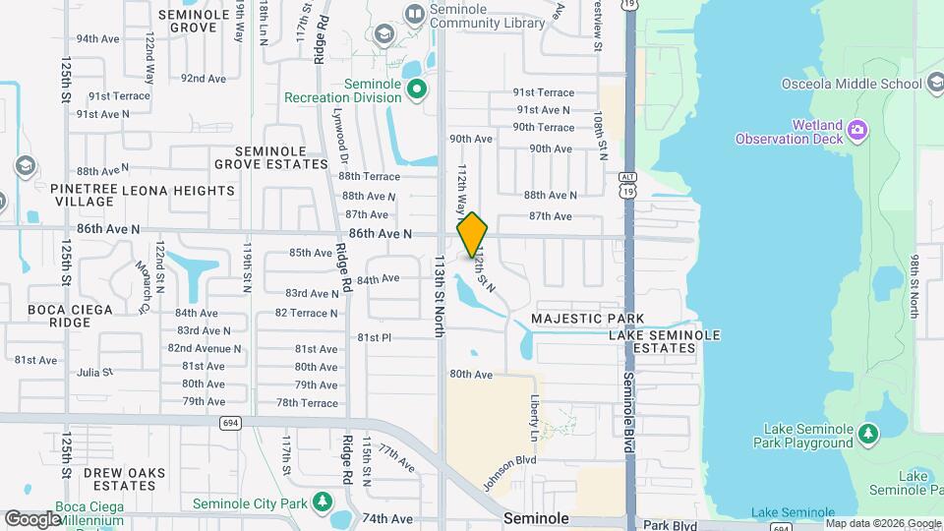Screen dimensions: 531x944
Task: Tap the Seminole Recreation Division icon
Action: [417, 90]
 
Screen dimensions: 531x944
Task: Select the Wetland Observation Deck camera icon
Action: [857, 130]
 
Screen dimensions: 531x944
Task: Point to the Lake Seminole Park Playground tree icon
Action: [867, 434]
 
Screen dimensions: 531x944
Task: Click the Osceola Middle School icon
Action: [933, 85]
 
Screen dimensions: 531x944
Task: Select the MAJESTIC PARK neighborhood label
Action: [588, 319]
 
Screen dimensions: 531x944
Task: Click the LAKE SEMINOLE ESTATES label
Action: [665, 341]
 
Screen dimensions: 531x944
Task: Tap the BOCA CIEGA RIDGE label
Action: [70, 316]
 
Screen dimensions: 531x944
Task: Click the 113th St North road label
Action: [440, 295]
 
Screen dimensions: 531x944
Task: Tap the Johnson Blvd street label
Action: [509, 473]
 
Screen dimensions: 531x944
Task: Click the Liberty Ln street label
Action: [536, 417]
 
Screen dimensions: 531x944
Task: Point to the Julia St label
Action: [95, 373]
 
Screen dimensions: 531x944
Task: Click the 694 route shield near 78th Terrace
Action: [230, 423]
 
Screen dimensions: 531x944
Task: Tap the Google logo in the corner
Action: [32, 518]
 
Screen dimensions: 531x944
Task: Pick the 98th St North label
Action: [914, 285]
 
